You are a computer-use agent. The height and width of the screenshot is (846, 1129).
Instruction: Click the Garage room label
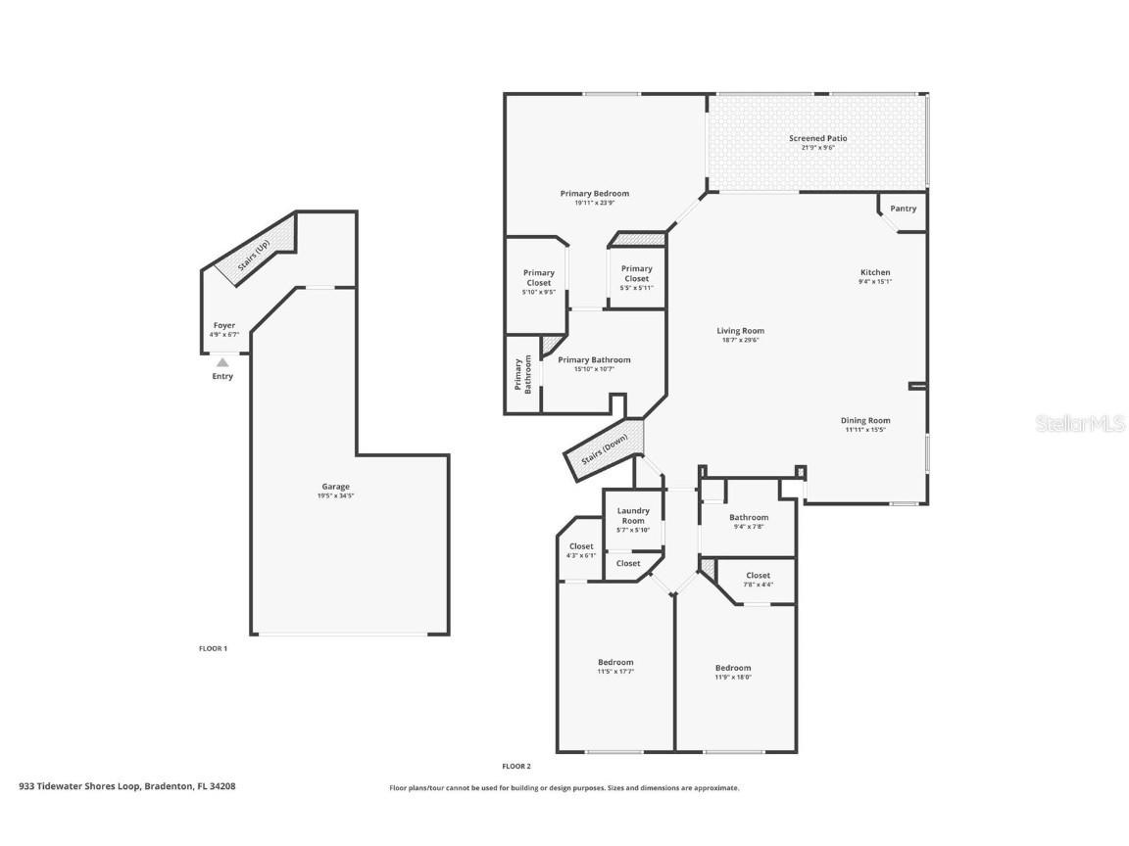[x=335, y=487]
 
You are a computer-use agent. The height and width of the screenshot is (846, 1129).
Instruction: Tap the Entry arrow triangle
[x=222, y=362]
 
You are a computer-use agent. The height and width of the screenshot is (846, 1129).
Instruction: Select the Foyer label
[x=223, y=326]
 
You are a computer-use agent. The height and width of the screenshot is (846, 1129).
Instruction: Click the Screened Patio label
[x=817, y=139]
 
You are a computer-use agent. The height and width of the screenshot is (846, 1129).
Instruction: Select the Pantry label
[x=903, y=209]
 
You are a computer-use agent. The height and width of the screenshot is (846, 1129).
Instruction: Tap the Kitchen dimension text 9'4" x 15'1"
[x=874, y=282]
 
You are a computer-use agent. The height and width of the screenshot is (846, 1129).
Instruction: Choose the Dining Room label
[x=865, y=421]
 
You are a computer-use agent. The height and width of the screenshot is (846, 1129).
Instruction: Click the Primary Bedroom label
[x=594, y=194]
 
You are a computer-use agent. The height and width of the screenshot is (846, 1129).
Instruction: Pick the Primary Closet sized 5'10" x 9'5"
[x=538, y=278]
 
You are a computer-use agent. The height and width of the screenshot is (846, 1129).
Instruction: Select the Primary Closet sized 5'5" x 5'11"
[x=636, y=273]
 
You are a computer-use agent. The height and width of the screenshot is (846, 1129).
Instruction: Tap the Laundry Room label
[x=633, y=515]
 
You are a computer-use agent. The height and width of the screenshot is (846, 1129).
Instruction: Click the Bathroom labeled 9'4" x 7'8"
[x=749, y=517]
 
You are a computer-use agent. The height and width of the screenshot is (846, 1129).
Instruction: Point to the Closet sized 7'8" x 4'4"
[x=758, y=576]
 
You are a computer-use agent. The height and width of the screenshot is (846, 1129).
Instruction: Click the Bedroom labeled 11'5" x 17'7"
[x=615, y=663]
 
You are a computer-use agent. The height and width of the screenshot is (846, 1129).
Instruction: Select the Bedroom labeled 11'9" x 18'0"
[x=732, y=669]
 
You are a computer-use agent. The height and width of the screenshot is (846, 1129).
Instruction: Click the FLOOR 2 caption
[x=515, y=766]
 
